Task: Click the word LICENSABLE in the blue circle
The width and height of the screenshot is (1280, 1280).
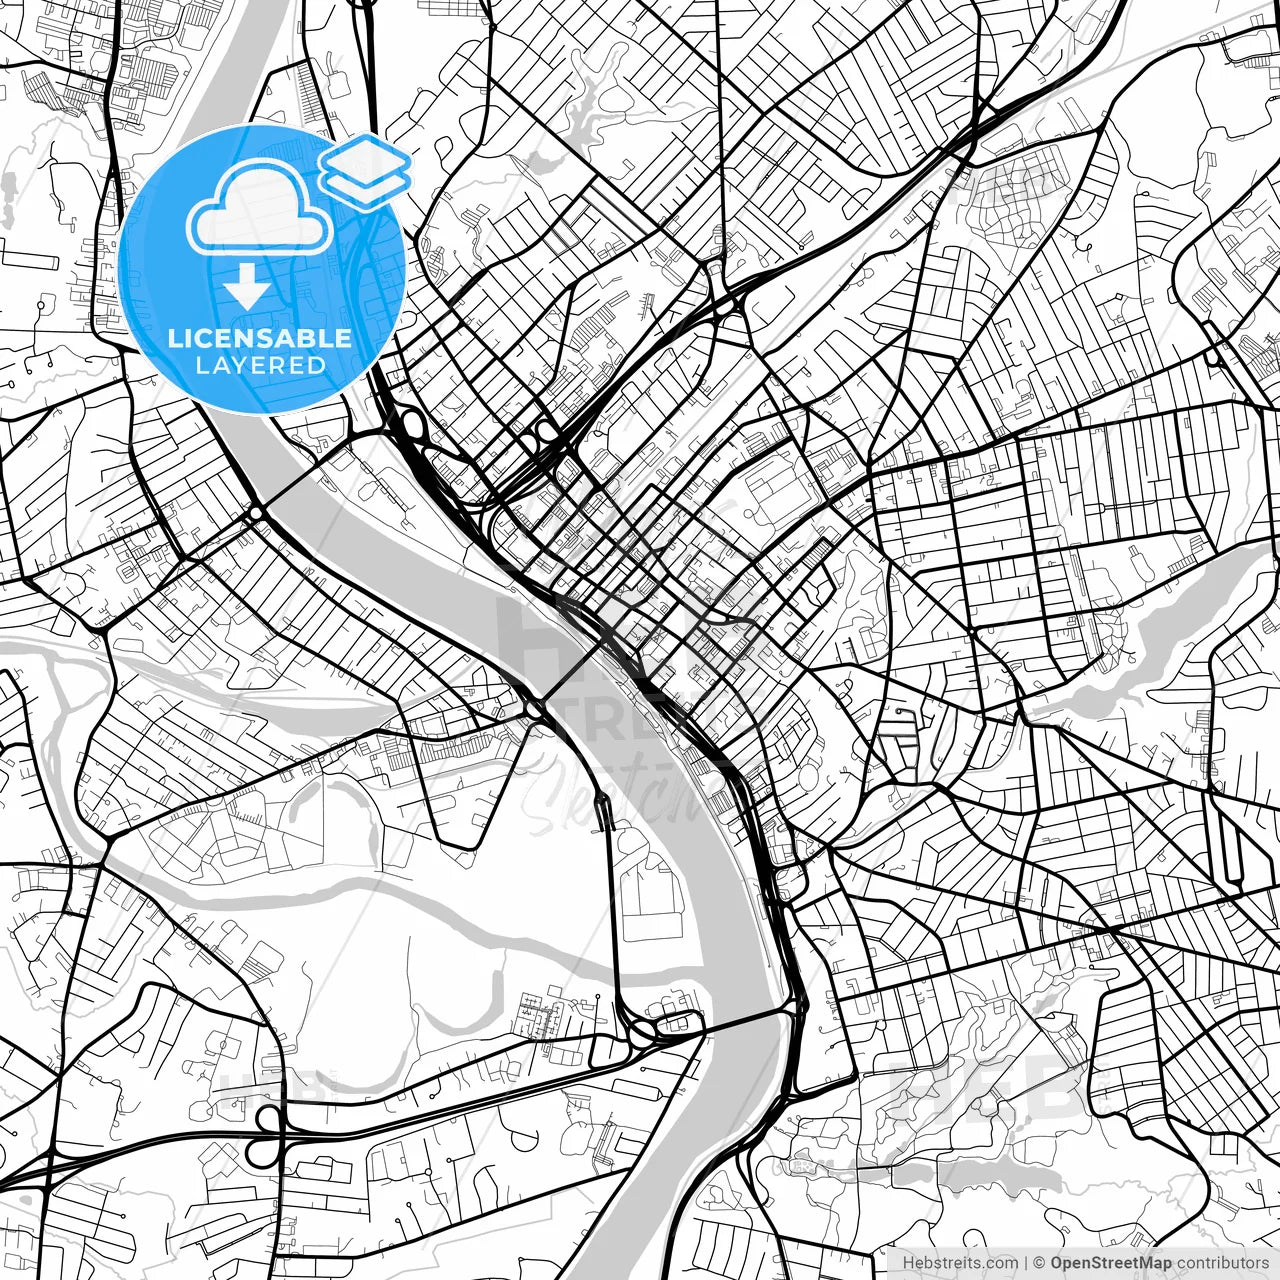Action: tap(260, 338)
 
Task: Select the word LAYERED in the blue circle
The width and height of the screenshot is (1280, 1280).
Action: tap(260, 365)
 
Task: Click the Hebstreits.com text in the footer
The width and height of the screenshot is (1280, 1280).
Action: tap(946, 1262)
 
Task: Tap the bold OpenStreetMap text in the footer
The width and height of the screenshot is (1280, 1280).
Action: tap(1111, 1262)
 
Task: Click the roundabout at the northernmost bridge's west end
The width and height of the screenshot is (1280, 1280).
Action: tap(256, 513)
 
